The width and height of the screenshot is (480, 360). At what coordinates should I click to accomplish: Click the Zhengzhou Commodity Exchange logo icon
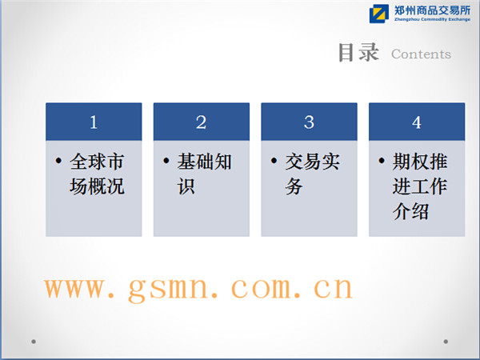click(x=379, y=14)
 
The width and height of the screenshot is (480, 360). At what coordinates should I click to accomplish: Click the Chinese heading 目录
click(x=358, y=53)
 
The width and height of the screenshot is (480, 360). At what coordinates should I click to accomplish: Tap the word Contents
click(x=421, y=54)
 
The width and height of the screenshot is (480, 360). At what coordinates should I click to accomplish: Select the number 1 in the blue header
click(x=94, y=122)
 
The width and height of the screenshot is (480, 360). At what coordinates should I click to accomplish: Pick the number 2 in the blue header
click(x=201, y=122)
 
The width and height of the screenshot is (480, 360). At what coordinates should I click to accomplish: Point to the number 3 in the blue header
click(x=309, y=122)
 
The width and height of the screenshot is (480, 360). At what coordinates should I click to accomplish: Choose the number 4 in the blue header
click(x=417, y=122)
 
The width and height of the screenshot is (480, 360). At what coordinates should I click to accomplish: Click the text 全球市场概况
click(x=97, y=174)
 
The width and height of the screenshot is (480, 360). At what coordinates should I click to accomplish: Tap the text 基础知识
click(x=204, y=174)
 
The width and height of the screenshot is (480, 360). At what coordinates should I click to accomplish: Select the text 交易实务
click(x=312, y=174)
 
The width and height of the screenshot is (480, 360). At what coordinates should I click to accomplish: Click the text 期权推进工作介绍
click(x=420, y=186)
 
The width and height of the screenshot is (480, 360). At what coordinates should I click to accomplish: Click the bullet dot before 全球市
click(x=58, y=161)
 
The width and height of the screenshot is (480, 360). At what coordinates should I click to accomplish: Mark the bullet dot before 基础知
click(x=166, y=161)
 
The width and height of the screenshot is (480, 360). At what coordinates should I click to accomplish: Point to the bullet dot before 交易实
click(x=274, y=161)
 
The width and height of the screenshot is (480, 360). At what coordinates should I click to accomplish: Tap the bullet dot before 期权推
click(x=382, y=161)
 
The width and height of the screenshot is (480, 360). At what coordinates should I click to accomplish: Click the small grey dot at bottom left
click(x=34, y=342)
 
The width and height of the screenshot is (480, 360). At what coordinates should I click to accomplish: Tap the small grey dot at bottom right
click(x=446, y=342)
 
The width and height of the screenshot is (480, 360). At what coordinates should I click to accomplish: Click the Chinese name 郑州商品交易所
click(x=432, y=10)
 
